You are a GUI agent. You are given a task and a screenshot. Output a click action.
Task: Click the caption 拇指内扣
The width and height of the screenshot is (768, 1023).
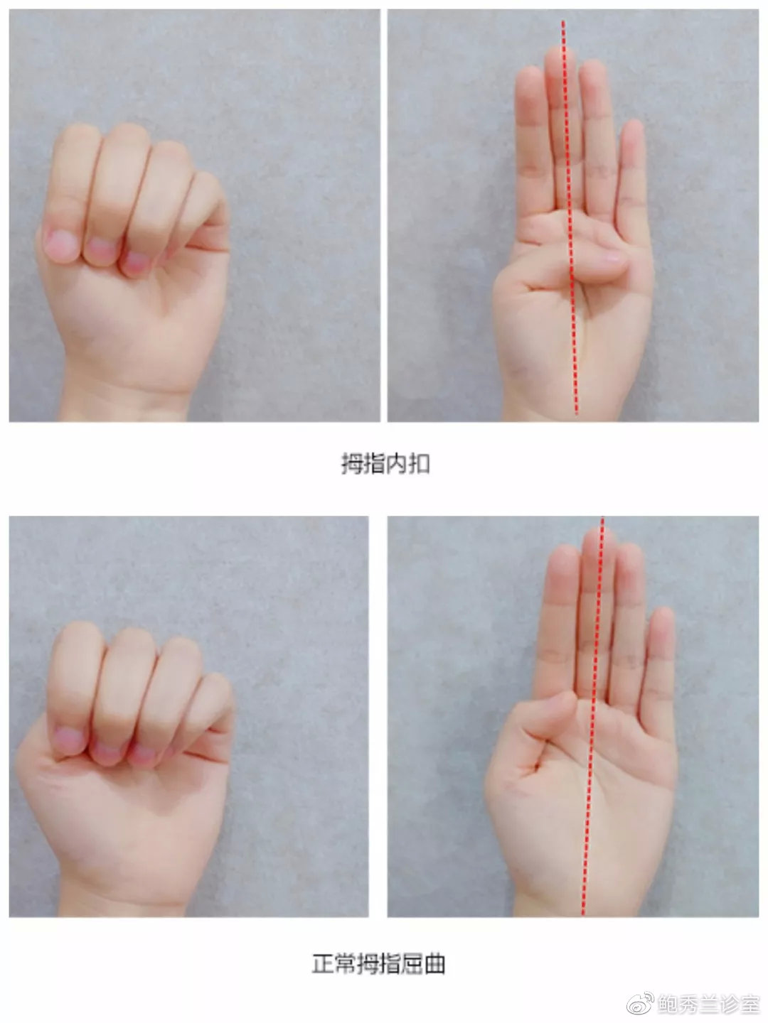(x=385, y=464)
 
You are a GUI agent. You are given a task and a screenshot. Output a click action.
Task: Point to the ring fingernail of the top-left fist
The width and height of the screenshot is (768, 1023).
(x=137, y=262)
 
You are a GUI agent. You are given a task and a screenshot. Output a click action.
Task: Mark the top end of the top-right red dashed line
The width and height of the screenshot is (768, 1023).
(x=562, y=21)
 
